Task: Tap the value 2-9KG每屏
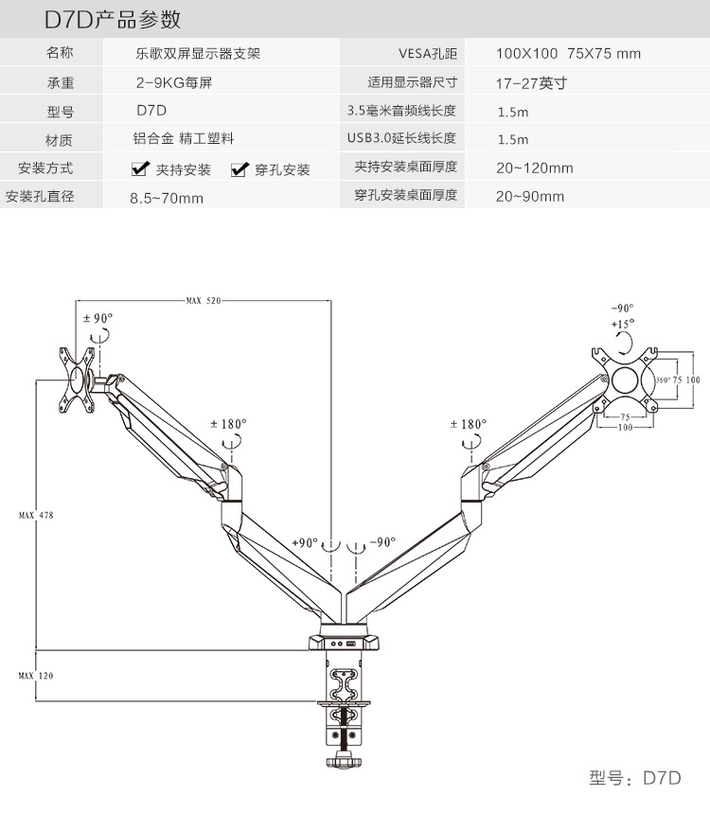(x=173, y=82)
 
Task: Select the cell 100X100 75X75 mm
(x=568, y=53)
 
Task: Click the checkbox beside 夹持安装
(x=139, y=169)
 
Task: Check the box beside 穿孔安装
(x=239, y=169)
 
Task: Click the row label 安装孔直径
(x=40, y=198)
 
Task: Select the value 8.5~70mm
(x=167, y=199)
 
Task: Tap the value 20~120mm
(x=535, y=168)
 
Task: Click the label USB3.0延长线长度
(x=401, y=139)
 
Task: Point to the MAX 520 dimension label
(x=203, y=301)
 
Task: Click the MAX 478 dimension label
(x=36, y=515)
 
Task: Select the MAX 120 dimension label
(x=36, y=676)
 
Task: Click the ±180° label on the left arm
(x=230, y=424)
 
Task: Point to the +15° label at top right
(x=623, y=325)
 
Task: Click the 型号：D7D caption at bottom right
(x=634, y=778)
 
